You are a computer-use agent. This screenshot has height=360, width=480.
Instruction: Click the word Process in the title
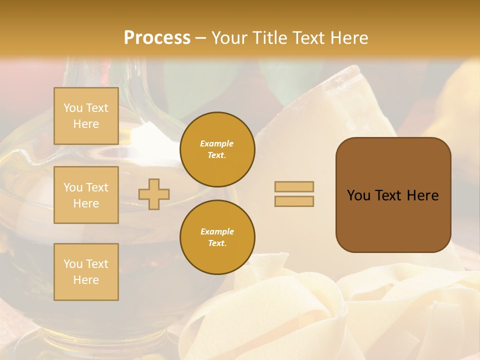[157, 38]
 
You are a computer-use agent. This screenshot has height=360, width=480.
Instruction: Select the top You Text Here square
[86, 116]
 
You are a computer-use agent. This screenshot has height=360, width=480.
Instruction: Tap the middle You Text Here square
[86, 195]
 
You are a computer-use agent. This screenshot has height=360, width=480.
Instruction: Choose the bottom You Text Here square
[86, 272]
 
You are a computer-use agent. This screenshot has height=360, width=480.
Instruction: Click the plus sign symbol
[154, 194]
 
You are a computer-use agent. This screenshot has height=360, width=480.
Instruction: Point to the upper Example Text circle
[217, 149]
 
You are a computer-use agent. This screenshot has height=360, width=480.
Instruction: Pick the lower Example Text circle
[217, 237]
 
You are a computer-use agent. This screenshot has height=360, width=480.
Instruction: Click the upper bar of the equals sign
[294, 186]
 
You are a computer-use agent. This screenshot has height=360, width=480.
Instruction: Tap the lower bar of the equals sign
[294, 201]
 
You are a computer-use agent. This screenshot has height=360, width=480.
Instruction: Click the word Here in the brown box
[422, 195]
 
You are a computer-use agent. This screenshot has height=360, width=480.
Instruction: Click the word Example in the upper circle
[217, 143]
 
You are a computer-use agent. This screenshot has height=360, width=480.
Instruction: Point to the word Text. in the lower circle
[217, 243]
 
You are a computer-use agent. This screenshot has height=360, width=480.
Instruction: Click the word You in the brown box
[358, 195]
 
